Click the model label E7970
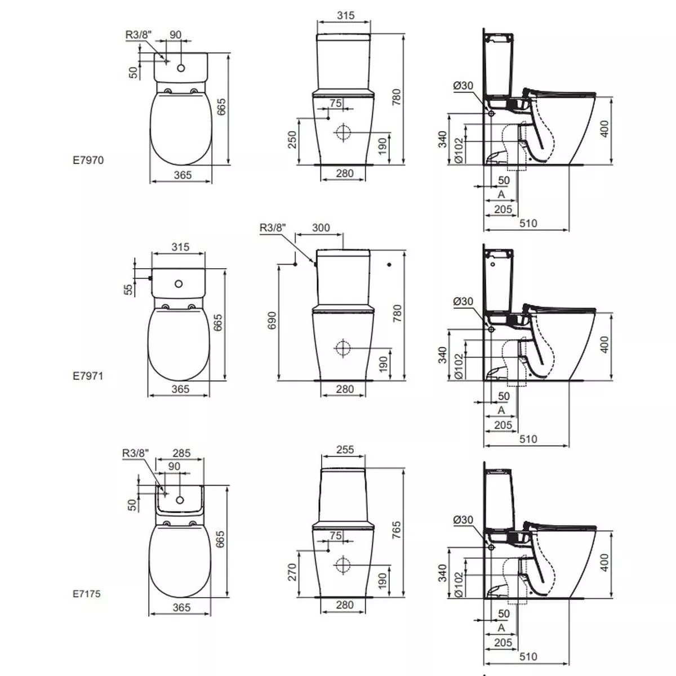pos(88,160)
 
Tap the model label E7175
pos(87,593)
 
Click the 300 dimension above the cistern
pos(321,228)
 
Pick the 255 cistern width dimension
pos(345,450)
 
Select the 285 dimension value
pos(181,453)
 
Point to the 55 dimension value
pos(128,289)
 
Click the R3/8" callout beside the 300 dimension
pos(273,228)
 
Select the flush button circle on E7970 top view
pos(181,68)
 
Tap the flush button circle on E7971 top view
pos(180,283)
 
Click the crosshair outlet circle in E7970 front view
pos(343,134)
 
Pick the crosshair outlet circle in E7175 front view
pos(343,564)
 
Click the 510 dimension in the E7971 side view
pos(528,439)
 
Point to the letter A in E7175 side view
pos(501,628)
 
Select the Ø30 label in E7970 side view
pos(463,86)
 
